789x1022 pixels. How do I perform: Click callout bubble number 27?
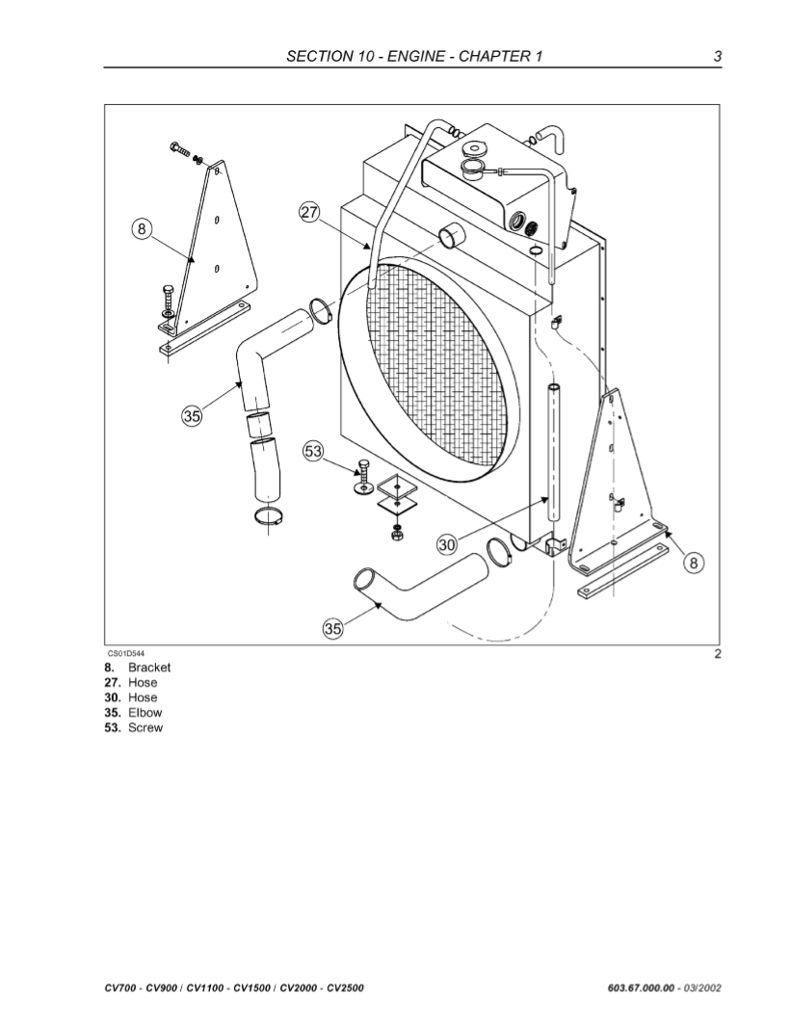(x=309, y=214)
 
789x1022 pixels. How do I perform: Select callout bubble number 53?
(x=314, y=452)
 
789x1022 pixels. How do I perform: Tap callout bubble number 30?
(x=447, y=545)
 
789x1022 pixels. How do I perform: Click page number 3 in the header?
(x=717, y=56)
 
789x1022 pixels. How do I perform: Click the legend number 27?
(x=111, y=682)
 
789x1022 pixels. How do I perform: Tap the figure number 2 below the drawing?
(x=717, y=654)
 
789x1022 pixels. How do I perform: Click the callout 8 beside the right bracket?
(x=694, y=563)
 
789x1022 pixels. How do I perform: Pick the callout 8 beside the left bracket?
(x=142, y=229)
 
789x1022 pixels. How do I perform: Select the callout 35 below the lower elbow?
(x=332, y=629)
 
